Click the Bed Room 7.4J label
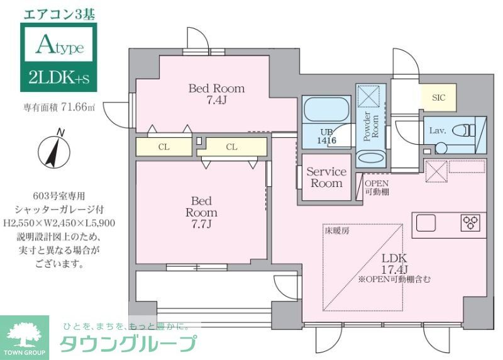pyautogui.click(x=216, y=94)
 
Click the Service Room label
pyautogui.click(x=326, y=177)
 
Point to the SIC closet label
pyautogui.click(x=438, y=98)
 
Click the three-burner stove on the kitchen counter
pyautogui.click(x=470, y=222)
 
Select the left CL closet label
pyautogui.click(x=163, y=147)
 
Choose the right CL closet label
pyautogui.click(x=231, y=147)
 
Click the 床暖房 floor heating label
pyautogui.click(x=338, y=231)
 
